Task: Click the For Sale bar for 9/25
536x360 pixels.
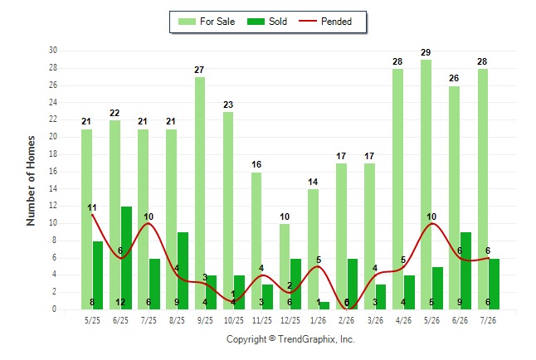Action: [x=200, y=193]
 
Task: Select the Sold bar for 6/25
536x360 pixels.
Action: [x=126, y=258]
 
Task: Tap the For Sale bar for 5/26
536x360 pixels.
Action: [x=426, y=185]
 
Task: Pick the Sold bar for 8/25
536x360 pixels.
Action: [x=183, y=270]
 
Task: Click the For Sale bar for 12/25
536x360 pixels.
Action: [x=285, y=266]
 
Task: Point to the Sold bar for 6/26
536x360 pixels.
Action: [x=465, y=270]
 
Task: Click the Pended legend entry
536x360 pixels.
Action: [x=325, y=22]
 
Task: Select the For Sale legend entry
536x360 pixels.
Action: [x=207, y=22]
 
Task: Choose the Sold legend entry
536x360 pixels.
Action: [x=267, y=22]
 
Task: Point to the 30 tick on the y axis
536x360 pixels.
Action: [x=52, y=51]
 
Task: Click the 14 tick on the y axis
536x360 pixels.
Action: [x=52, y=188]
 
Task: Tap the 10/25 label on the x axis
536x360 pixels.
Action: [x=234, y=320]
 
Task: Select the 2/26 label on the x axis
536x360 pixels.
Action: [x=346, y=320]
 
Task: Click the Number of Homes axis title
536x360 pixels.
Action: [x=31, y=181]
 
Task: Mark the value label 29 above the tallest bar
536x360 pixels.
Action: [x=426, y=52]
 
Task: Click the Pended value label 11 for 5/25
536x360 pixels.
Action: [x=91, y=207]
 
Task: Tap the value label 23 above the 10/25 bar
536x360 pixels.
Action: [x=228, y=105]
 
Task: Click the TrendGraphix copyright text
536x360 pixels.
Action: [x=290, y=339]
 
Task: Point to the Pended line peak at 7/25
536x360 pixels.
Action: [x=149, y=223]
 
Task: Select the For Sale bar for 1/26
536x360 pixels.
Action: [x=313, y=249]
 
